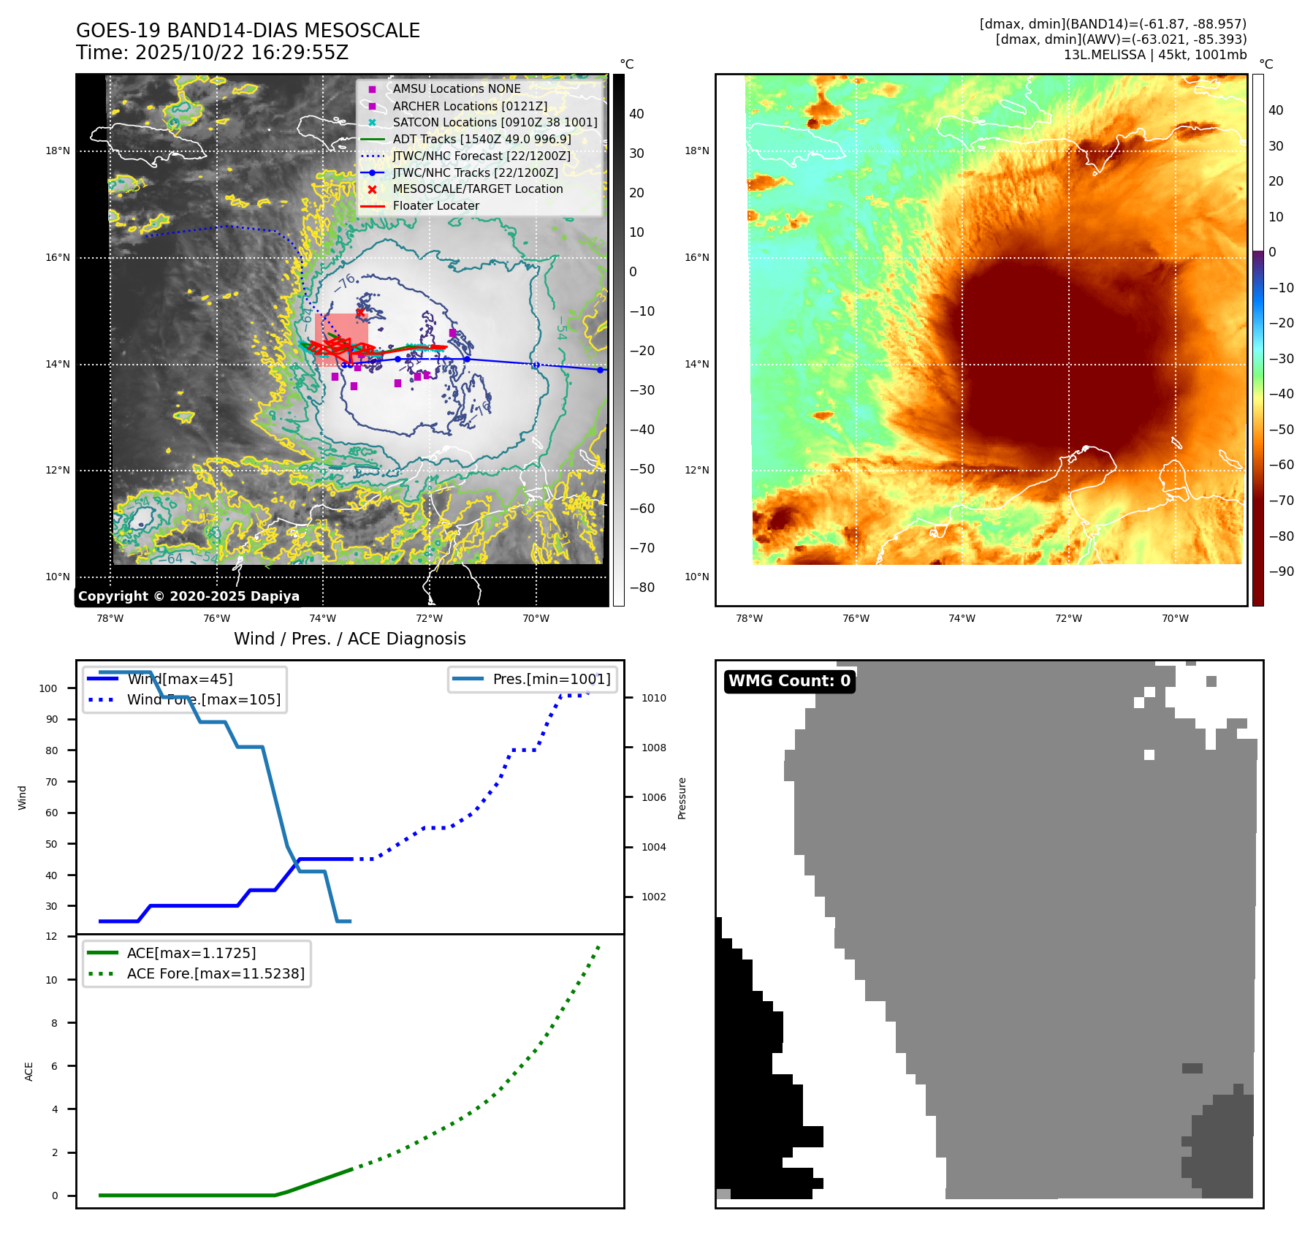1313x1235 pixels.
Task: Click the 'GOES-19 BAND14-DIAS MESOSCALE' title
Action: (x=248, y=31)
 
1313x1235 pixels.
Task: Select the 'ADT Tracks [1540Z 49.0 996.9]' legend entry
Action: (x=482, y=139)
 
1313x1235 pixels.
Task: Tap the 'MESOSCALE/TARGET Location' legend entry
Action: (x=477, y=189)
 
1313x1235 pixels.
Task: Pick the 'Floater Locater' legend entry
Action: (x=435, y=205)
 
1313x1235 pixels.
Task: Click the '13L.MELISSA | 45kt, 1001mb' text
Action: (x=1154, y=55)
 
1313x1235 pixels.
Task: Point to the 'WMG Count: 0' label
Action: (x=789, y=681)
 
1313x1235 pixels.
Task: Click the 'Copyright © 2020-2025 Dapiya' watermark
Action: (x=189, y=596)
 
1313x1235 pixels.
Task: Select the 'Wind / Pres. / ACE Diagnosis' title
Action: (x=349, y=639)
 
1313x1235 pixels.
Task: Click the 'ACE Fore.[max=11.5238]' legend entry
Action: (x=216, y=973)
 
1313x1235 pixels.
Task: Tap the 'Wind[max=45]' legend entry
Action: (x=180, y=679)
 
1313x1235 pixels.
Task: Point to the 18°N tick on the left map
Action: (x=58, y=151)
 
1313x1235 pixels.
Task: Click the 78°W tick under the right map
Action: (x=749, y=618)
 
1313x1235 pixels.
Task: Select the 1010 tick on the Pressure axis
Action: (x=654, y=698)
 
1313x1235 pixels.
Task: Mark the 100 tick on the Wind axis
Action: (x=48, y=688)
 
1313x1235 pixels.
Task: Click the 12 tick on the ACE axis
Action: (x=51, y=936)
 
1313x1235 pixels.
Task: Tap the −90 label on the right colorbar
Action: (x=1281, y=571)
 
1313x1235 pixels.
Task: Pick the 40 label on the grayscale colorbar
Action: (x=636, y=114)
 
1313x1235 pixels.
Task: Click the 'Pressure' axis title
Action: (x=682, y=798)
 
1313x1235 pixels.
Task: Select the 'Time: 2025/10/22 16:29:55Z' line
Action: (x=212, y=53)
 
